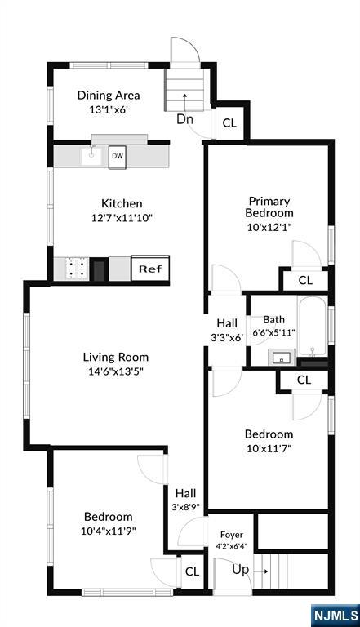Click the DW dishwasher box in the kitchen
[x=118, y=157]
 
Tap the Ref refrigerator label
[x=150, y=269]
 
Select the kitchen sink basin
[x=91, y=156]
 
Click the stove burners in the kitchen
[x=77, y=269]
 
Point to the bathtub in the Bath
[x=313, y=327]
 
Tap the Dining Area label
[x=109, y=96]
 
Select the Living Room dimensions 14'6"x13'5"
[x=116, y=371]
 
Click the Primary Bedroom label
[x=269, y=207]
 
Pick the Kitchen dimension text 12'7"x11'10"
[x=122, y=218]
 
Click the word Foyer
[x=232, y=535]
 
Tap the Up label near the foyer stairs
[x=240, y=570]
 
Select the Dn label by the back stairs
[x=184, y=119]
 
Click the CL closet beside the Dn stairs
[x=229, y=123]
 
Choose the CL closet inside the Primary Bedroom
[x=305, y=280]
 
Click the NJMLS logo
[x=335, y=616]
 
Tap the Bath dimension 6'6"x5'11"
[x=274, y=332]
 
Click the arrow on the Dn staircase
[x=184, y=101]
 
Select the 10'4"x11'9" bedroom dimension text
[x=108, y=531]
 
